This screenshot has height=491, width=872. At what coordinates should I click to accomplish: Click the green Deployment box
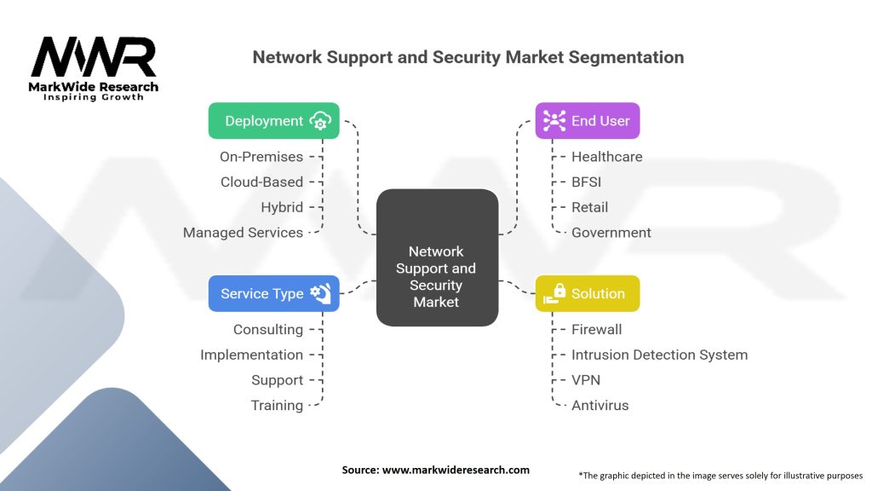(273, 121)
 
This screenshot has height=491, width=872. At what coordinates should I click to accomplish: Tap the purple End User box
(587, 121)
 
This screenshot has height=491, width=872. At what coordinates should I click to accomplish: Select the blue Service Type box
(273, 293)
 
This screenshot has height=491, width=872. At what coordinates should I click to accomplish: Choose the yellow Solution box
(587, 293)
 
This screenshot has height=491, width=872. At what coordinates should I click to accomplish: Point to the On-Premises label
(261, 157)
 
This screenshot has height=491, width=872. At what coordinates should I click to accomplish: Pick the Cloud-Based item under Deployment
(261, 182)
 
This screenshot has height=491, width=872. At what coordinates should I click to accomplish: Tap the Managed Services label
(243, 233)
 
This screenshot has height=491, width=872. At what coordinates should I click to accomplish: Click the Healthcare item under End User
(606, 157)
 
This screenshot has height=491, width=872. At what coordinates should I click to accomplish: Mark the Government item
(611, 233)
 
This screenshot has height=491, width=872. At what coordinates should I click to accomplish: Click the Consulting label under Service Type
(267, 329)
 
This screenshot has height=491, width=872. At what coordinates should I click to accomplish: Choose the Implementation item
(251, 355)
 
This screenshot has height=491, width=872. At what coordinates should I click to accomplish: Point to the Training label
(277, 406)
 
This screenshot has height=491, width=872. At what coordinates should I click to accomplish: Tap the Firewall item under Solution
(596, 329)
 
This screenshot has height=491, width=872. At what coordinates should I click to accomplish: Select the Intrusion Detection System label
(659, 355)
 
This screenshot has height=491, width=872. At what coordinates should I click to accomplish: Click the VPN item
(585, 380)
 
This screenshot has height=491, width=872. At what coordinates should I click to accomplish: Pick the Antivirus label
(599, 406)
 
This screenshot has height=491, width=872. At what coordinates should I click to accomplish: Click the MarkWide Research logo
(94, 68)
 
